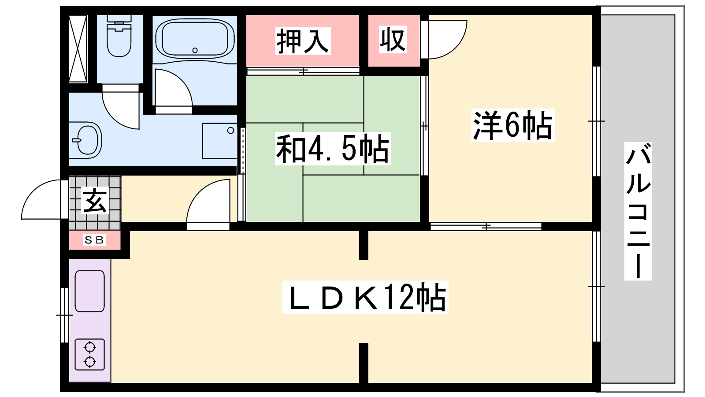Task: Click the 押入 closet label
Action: tap(303, 41)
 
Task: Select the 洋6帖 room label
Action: tap(512, 125)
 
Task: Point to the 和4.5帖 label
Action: tap(333, 149)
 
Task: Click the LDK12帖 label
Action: tap(365, 297)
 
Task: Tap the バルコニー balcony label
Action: tap(638, 211)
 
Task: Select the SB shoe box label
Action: tap(94, 240)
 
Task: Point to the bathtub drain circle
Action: tap(195, 50)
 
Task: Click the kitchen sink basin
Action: tap(90, 291)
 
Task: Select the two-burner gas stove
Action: tap(90, 355)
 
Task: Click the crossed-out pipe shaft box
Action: tap(78, 49)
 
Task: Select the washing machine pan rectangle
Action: tap(219, 141)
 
